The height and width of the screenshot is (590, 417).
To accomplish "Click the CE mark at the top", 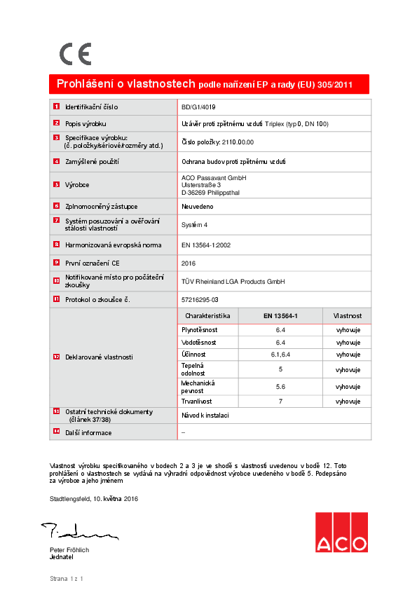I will [75, 54].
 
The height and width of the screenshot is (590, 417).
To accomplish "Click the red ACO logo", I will [341, 532].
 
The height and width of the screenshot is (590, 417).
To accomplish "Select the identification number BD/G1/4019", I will [198, 107].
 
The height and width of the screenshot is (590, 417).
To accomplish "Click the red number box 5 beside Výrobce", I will [57, 185].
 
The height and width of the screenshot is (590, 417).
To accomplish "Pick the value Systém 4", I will [195, 225].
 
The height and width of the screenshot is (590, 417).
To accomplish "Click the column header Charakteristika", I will [207, 316].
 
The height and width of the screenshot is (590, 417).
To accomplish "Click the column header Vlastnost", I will [347, 316].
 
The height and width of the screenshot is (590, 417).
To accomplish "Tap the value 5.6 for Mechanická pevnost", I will [280, 387].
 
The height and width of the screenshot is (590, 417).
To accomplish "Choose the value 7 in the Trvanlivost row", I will [280, 402].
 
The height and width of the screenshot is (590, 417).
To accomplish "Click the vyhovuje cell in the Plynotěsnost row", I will [348, 329].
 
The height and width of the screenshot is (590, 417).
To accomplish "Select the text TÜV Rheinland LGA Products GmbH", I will [233, 281].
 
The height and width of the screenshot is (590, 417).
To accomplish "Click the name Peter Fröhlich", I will [69, 550].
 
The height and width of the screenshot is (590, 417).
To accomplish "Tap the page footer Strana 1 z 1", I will [67, 579].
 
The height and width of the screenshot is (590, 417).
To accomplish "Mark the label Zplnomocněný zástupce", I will [101, 207].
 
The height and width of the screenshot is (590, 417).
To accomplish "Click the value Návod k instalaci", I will [205, 416].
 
